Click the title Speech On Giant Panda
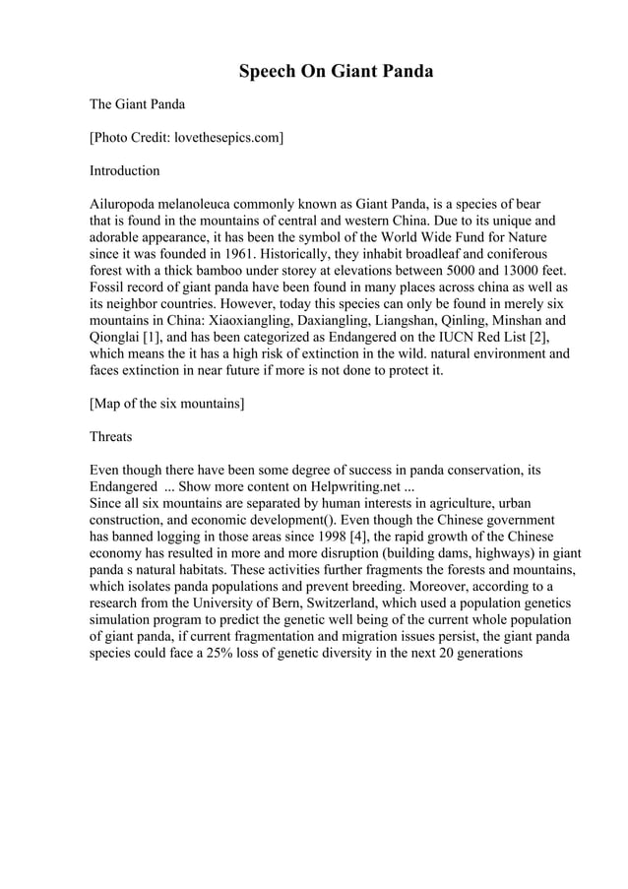(x=335, y=72)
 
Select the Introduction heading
(x=124, y=170)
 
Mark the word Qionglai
(x=114, y=338)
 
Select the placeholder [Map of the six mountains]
(x=167, y=404)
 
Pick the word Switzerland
(x=394, y=603)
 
